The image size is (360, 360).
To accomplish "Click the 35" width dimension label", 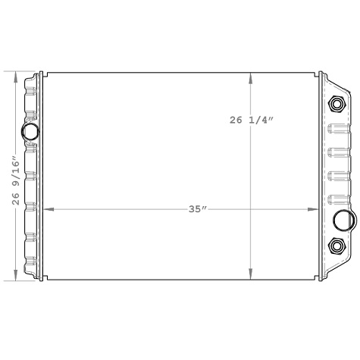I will click(x=198, y=208).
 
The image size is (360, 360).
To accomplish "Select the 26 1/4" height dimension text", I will click(x=262, y=120).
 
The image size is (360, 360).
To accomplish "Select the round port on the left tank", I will click(x=30, y=132).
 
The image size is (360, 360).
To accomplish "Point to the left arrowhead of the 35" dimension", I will click(x=50, y=208).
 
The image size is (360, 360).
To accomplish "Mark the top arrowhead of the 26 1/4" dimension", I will click(x=251, y=77).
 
